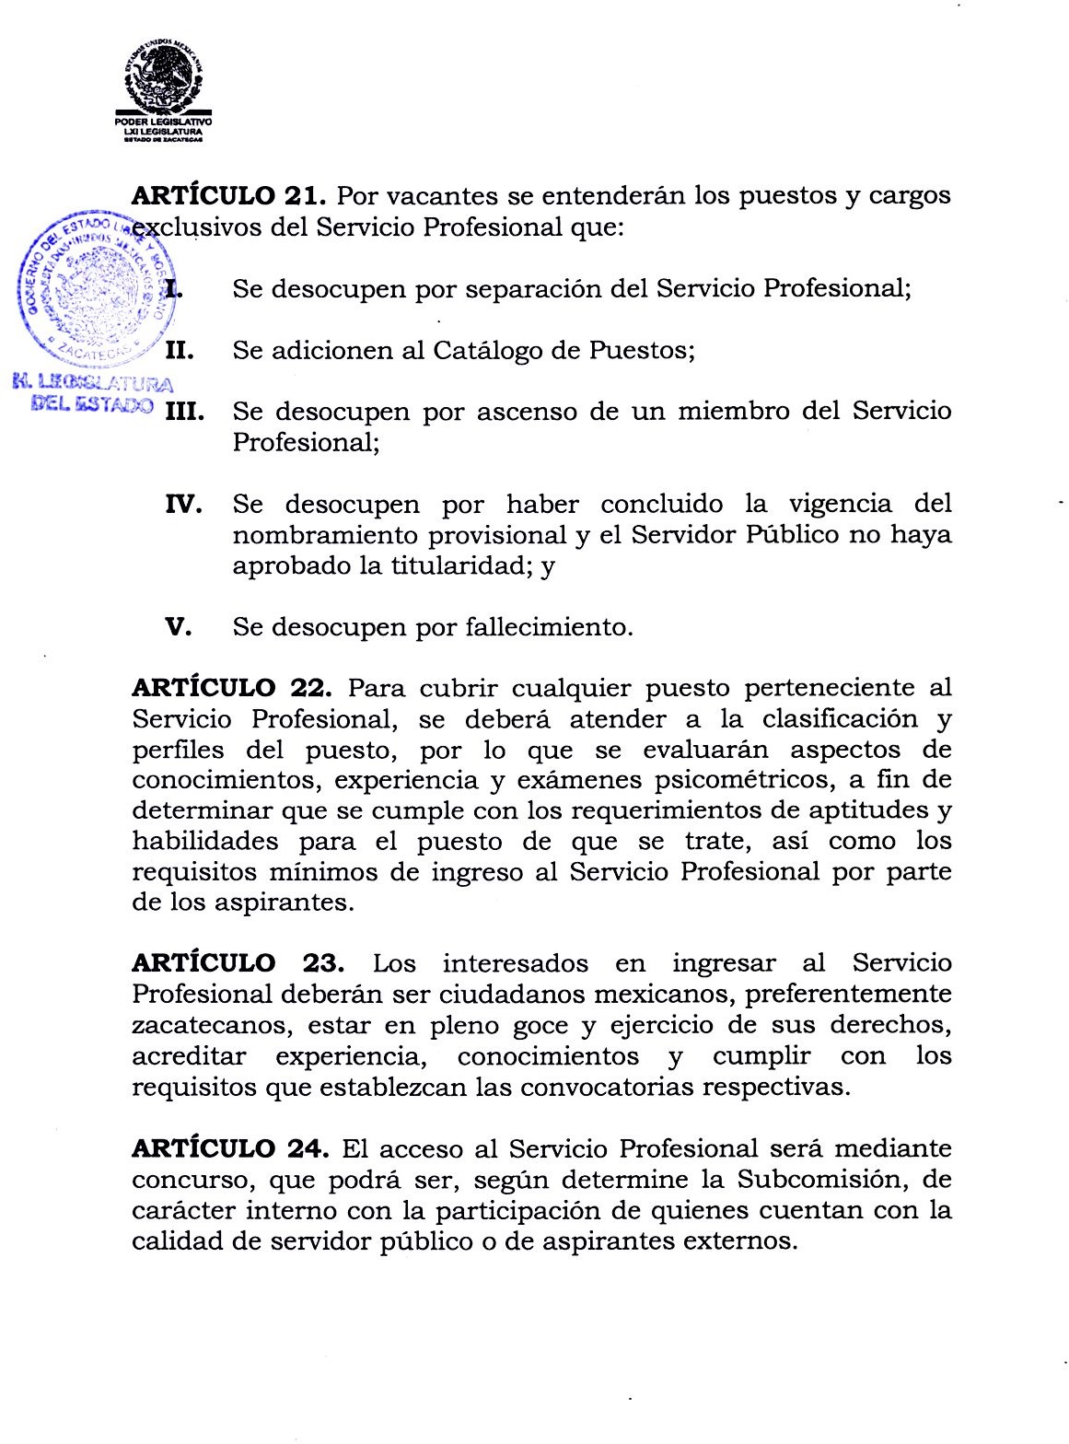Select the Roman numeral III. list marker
click(x=182, y=412)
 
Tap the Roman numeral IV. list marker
click(x=182, y=505)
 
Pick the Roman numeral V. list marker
click(x=178, y=627)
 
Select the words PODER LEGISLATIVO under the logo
click(x=164, y=122)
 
